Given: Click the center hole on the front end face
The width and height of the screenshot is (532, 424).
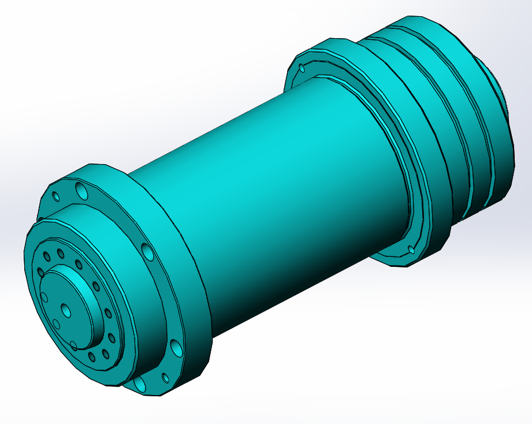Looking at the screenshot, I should point(66,311).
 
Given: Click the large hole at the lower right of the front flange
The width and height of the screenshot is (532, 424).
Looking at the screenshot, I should point(177,347).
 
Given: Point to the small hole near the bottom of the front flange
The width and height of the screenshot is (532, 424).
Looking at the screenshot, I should point(165,378).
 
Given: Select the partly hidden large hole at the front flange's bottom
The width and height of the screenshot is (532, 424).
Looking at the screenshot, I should point(139,382).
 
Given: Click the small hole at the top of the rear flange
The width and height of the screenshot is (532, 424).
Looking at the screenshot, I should point(302,68).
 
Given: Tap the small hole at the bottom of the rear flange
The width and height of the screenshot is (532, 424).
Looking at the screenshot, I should point(411,250).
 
